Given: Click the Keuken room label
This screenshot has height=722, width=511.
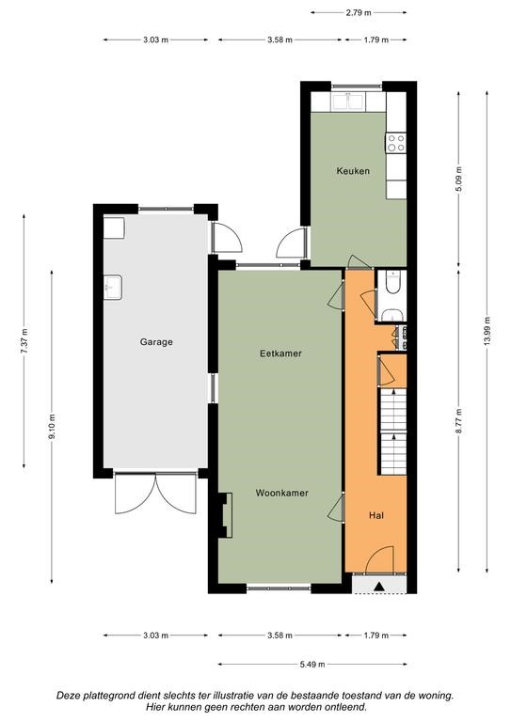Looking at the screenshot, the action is [353, 171].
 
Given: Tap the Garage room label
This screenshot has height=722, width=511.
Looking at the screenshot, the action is [156, 342].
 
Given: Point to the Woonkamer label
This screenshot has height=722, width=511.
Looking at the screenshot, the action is [282, 494].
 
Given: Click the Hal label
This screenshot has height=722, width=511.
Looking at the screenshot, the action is [376, 515].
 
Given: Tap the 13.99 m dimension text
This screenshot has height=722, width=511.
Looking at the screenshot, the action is [487, 332].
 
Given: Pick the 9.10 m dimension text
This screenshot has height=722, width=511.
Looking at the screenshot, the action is [52, 427].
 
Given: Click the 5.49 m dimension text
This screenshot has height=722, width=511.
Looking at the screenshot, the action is [312, 664].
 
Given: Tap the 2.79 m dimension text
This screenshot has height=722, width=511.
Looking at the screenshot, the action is [359, 13].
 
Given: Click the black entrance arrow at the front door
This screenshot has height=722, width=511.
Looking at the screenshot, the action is [378, 587].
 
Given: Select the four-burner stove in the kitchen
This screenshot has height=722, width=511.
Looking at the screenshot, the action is [396, 142].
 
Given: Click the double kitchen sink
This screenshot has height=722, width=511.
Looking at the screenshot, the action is [349, 102].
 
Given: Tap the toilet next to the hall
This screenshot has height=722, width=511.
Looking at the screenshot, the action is [393, 282].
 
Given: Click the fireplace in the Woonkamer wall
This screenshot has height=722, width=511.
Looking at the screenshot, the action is [224, 515].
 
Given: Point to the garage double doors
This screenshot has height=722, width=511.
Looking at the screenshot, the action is [155, 493].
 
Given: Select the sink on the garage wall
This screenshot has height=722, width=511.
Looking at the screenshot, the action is [112, 288].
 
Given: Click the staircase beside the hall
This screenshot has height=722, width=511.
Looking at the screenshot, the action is [393, 432].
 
